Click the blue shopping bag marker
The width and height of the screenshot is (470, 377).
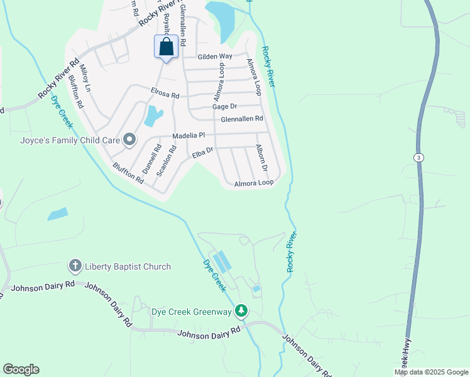pyautogui.click(x=166, y=48)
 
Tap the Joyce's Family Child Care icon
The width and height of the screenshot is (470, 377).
pyautogui.click(x=129, y=139)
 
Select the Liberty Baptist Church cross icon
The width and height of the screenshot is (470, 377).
pyautogui.click(x=75, y=266)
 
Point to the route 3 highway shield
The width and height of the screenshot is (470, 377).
pyautogui.click(x=418, y=156)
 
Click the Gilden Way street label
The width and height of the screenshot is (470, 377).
pyautogui.click(x=215, y=57)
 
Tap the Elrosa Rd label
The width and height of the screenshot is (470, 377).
pyautogui.click(x=165, y=93)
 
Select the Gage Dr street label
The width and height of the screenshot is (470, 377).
pyautogui.click(x=224, y=107)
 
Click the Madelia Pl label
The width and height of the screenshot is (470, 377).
pyautogui.click(x=189, y=135)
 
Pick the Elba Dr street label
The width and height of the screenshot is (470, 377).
pyautogui.click(x=203, y=151)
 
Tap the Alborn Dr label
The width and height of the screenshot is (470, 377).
pyautogui.click(x=261, y=160)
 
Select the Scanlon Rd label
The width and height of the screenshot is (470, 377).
pyautogui.click(x=165, y=160)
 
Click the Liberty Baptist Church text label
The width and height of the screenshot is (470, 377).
pyautogui.click(x=128, y=267)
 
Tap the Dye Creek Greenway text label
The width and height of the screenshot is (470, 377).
pyautogui.click(x=192, y=311)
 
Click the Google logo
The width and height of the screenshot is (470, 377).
pyautogui.click(x=21, y=369)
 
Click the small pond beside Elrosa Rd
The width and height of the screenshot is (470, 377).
pyautogui.click(x=153, y=115)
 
